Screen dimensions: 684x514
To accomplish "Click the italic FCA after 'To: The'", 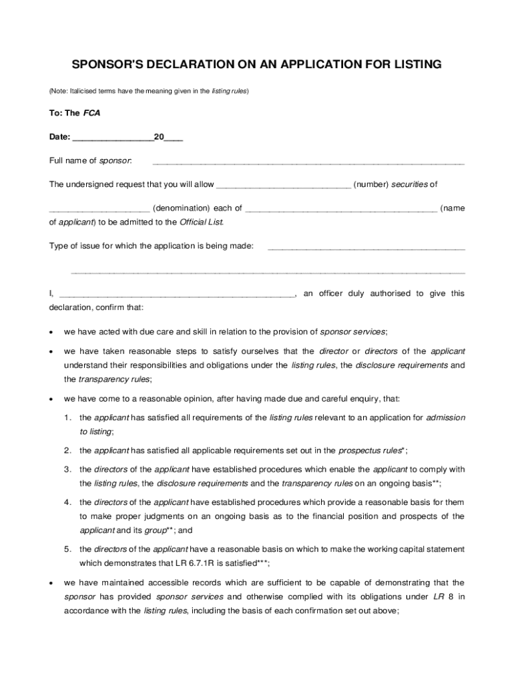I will click(92, 113).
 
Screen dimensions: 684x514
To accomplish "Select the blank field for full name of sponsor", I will click(308, 162).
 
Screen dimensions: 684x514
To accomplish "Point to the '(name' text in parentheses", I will click(453, 208).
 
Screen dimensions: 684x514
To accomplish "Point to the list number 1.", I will click(68, 417).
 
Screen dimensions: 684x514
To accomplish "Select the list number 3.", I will click(68, 470).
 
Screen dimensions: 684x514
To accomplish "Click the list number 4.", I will click(68, 502).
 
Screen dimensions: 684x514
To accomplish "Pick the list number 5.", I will click(68, 549).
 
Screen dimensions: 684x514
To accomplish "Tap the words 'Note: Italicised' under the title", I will click(79, 90).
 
